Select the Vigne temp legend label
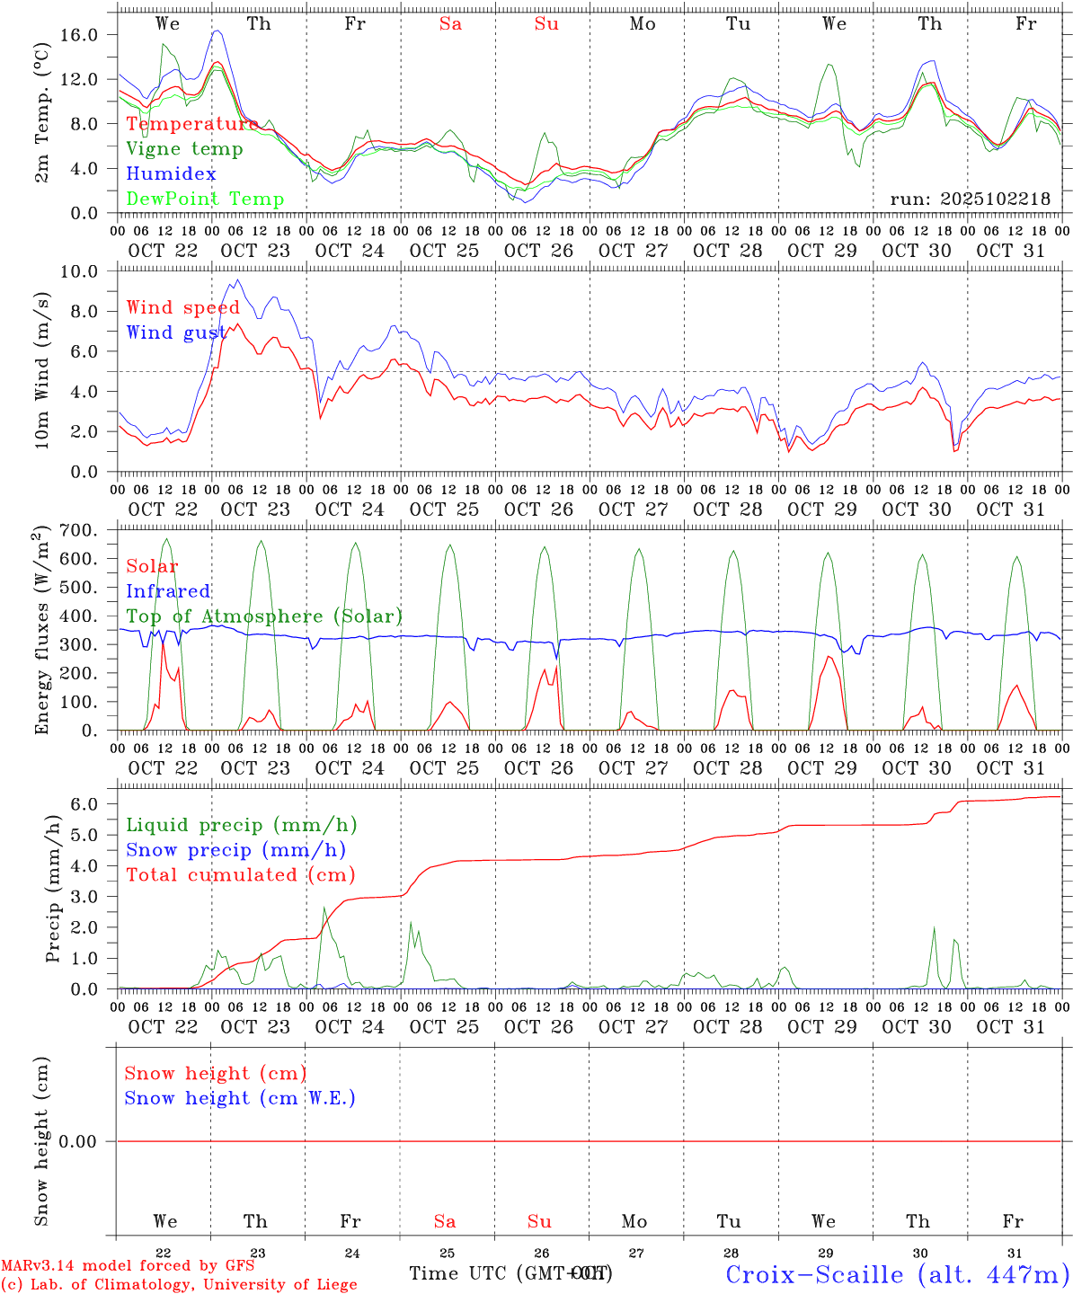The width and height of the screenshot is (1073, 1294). pos(184,149)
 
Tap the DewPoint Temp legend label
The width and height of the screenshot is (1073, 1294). pos(205,199)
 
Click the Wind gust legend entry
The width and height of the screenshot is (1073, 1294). pos(176,332)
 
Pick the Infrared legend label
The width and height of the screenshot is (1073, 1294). pos(168,591)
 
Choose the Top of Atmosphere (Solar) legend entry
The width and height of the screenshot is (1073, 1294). pos(264,616)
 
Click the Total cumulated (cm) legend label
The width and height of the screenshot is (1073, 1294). pos(241,874)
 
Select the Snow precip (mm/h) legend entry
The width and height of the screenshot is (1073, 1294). pos(235,850)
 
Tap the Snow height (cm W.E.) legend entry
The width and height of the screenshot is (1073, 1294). pos(240,1098)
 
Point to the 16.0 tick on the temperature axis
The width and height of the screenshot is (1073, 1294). pos(89,34)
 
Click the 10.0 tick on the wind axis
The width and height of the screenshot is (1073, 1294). pos(89,271)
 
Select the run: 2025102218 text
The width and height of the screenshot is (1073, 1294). pos(970,199)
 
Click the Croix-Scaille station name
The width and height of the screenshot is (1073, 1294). pos(897,1274)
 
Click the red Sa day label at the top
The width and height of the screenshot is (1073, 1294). pos(450,24)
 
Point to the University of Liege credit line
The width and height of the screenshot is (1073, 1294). pos(179,1285)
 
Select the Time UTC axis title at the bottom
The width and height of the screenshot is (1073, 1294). pos(510,1273)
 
